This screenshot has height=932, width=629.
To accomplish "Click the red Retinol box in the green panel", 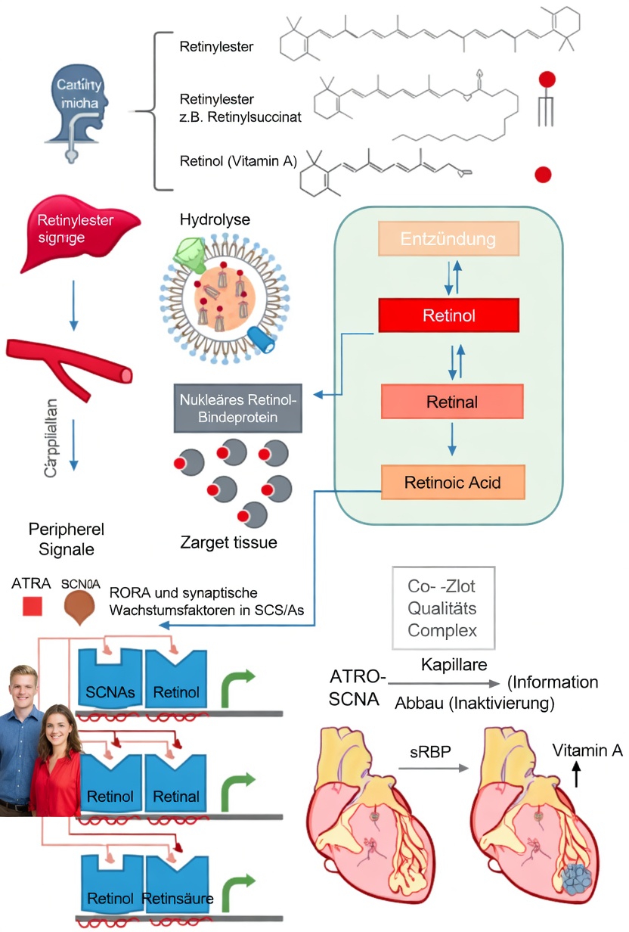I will coord(449,315).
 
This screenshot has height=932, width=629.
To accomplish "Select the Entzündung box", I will coord(449,240).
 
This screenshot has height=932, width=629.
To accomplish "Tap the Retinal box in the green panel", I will coord(452,402).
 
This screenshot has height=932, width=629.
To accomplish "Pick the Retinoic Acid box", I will coord(452,482).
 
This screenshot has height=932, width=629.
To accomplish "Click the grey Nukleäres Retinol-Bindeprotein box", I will coord(238,409).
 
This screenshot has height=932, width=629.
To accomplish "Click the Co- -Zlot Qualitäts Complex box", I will coord(443,607).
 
